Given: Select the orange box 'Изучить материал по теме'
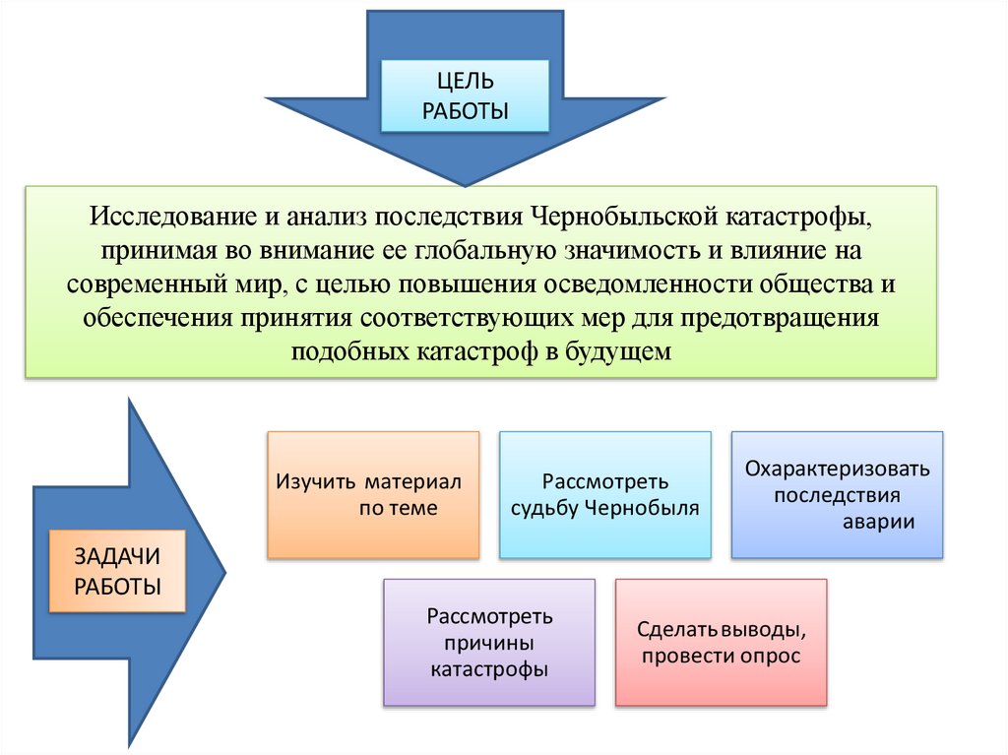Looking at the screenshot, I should [373, 495].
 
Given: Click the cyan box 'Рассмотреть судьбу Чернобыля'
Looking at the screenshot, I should [604, 495].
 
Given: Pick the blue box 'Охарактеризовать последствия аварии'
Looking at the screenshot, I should [837, 495].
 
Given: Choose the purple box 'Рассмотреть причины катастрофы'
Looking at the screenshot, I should [489, 643].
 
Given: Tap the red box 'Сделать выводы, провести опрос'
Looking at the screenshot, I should [721, 643].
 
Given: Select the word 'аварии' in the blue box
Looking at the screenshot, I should [878, 522].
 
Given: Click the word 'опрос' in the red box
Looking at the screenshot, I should [774, 657].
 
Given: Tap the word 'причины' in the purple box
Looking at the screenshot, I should [489, 644].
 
